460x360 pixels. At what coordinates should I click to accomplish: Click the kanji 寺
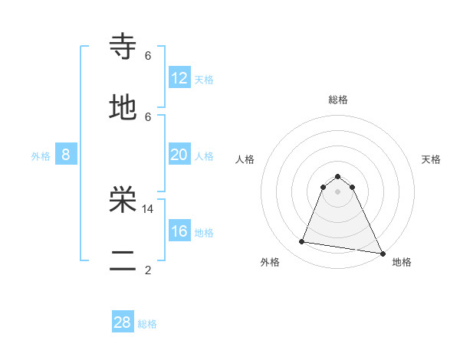(123, 47)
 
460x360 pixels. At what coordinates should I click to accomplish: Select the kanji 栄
(123, 200)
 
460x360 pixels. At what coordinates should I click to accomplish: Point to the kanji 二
(123, 262)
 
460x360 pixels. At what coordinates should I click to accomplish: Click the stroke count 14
(148, 208)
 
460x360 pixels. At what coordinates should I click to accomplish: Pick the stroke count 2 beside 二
(148, 270)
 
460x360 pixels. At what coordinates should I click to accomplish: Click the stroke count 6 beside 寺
(148, 55)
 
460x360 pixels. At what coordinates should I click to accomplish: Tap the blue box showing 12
(179, 78)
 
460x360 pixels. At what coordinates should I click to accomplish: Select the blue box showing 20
(179, 155)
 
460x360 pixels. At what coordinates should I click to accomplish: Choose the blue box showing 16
(179, 231)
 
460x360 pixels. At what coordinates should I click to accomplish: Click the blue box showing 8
(66, 155)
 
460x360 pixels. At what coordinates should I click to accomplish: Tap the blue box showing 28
(123, 322)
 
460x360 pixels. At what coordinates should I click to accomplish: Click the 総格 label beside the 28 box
(147, 324)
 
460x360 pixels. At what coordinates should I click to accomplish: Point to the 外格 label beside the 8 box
(41, 156)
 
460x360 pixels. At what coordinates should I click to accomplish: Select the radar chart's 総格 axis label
(337, 100)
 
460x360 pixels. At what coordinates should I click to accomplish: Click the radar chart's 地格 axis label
(402, 262)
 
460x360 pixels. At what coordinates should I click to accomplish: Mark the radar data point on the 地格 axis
(382, 252)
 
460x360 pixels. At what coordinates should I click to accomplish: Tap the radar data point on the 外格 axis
(301, 242)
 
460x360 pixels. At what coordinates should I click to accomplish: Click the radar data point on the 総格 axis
(337, 176)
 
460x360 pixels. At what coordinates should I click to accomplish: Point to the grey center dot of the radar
(337, 191)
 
